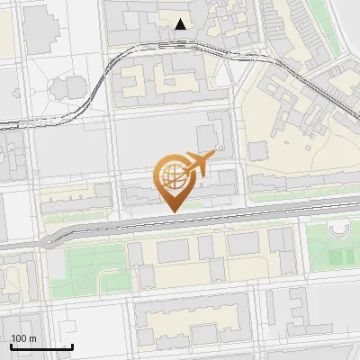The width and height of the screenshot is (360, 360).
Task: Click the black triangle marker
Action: pyautogui.click(x=181, y=24)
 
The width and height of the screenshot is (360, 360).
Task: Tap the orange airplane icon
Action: pyautogui.click(x=199, y=163)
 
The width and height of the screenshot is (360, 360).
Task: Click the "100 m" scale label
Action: pyautogui.click(x=23, y=338)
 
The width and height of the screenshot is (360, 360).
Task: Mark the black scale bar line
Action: pyautogui.click(x=41, y=346)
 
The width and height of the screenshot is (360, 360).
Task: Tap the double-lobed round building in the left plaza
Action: pyautogui.click(x=68, y=87)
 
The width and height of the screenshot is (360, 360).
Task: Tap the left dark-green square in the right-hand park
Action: pyautogui.click(x=334, y=257)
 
